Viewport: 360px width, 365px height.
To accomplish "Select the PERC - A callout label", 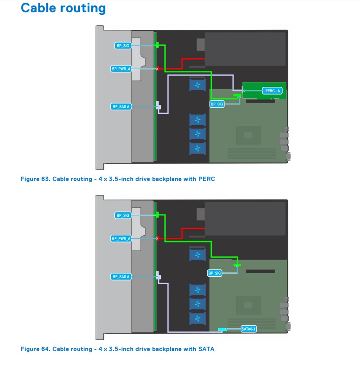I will click(x=272, y=91).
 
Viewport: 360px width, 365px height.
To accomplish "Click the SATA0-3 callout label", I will click(x=248, y=329).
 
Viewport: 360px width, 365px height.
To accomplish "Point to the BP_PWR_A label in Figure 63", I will click(x=121, y=69).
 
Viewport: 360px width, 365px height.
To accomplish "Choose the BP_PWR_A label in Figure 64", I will click(x=121, y=238).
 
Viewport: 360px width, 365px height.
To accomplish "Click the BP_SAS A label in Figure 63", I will click(x=121, y=107).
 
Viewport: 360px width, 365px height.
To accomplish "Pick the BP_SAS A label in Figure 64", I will click(x=121, y=276).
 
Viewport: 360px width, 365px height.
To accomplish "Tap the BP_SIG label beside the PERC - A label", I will click(x=217, y=104).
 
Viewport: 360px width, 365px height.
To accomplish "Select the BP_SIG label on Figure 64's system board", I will click(x=215, y=273).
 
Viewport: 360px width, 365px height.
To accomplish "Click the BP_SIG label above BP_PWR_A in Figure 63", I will click(x=123, y=46).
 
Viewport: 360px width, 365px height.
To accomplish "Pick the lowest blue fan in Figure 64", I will click(x=197, y=318).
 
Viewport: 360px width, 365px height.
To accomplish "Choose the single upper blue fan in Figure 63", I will click(x=197, y=85).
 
